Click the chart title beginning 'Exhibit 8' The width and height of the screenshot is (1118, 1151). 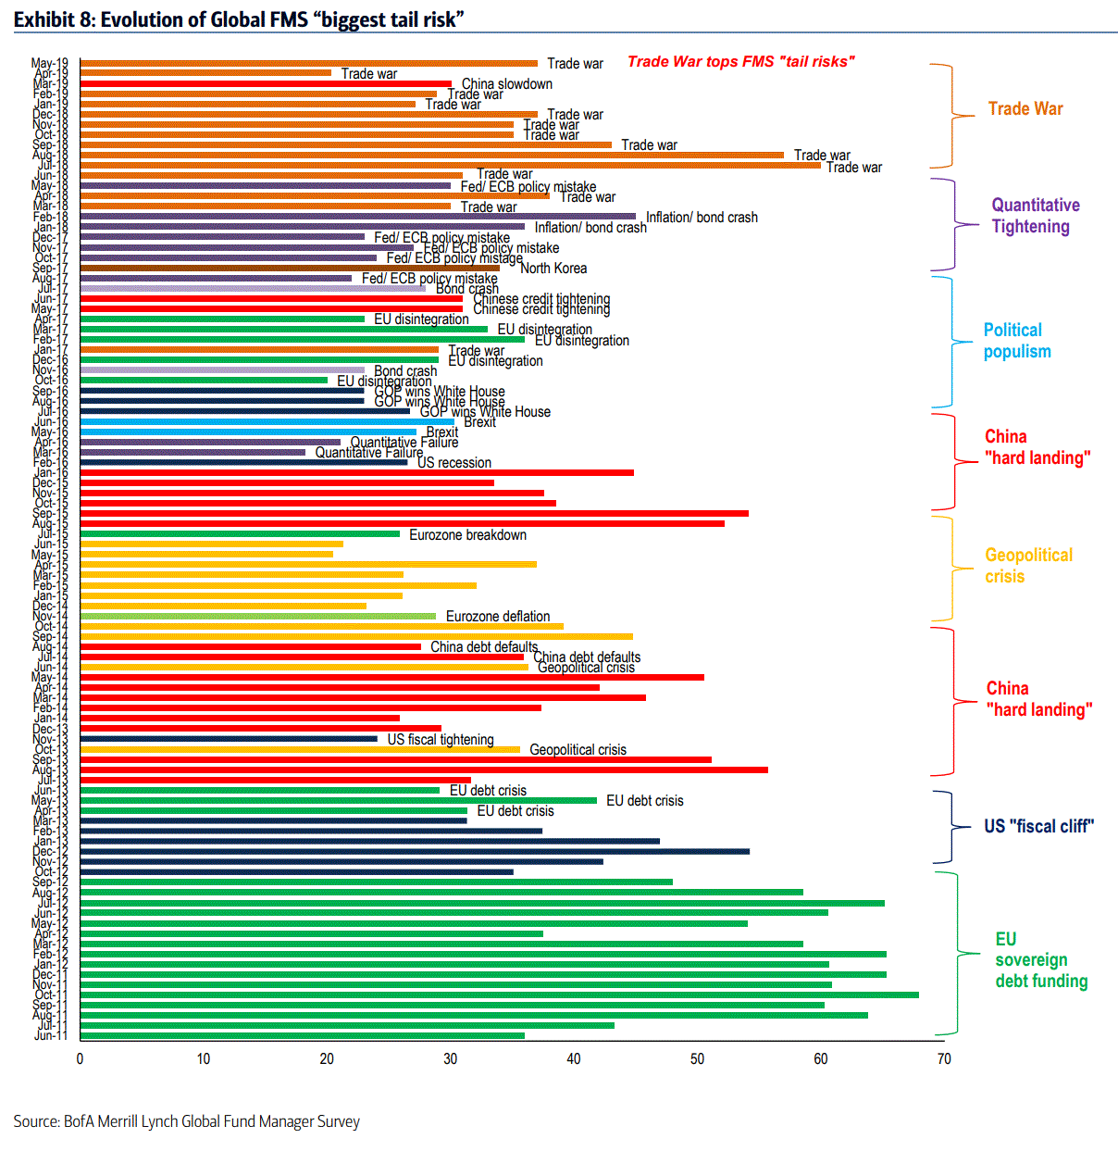pos(239,19)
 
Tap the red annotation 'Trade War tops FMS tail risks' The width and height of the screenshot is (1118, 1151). pos(740,61)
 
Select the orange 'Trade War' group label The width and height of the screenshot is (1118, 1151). pos(1025,108)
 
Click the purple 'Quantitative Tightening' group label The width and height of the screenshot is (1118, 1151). pos(1035,216)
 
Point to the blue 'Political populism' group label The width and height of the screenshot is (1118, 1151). pos(1016,341)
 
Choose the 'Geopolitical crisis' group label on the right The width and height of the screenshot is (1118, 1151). pos(1027,565)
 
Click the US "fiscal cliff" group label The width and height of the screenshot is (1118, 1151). pos(1038,826)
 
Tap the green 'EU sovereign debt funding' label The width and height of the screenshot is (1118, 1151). pos(1040,960)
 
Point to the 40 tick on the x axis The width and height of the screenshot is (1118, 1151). pos(574,1058)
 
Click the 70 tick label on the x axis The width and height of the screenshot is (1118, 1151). pos(944,1058)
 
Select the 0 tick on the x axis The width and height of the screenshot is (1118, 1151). pos(81,1058)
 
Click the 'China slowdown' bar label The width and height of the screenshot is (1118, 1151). pos(506,84)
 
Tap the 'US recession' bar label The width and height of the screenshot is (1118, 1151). pos(453,463)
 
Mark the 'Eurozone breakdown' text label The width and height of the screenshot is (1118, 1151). pos(467,535)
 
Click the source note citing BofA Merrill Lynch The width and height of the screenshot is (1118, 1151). pos(186,1121)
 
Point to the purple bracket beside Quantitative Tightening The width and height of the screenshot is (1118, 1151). pos(954,224)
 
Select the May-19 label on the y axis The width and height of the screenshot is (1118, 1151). pos(50,64)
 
